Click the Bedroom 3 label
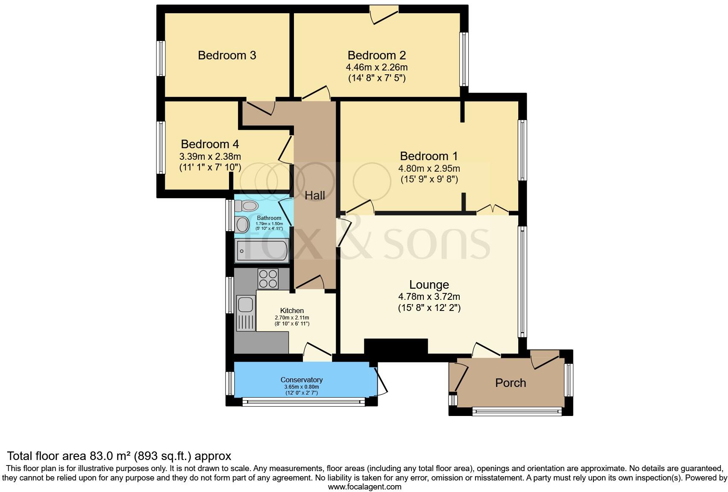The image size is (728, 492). pos(227,56)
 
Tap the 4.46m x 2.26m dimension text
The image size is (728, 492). pos(376,67)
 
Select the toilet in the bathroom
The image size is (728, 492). pos(247,206)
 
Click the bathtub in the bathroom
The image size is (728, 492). pos(262,250)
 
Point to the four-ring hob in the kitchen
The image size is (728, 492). pos(268,278)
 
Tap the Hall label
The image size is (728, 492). pos(315,196)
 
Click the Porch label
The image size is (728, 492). pos(510,383)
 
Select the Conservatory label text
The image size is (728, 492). pos(301,380)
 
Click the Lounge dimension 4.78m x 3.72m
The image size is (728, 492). pos(429,296)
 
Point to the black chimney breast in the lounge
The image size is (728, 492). pos(396,346)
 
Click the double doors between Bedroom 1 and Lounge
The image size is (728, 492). pos(492,209)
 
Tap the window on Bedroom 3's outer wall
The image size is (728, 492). pos(161,59)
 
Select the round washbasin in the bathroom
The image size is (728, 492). pos(242,225)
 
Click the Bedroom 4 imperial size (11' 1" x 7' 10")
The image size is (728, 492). pos(210,167)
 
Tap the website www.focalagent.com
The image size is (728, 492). pos(364,486)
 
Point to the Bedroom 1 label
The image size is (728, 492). pos(429,156)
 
